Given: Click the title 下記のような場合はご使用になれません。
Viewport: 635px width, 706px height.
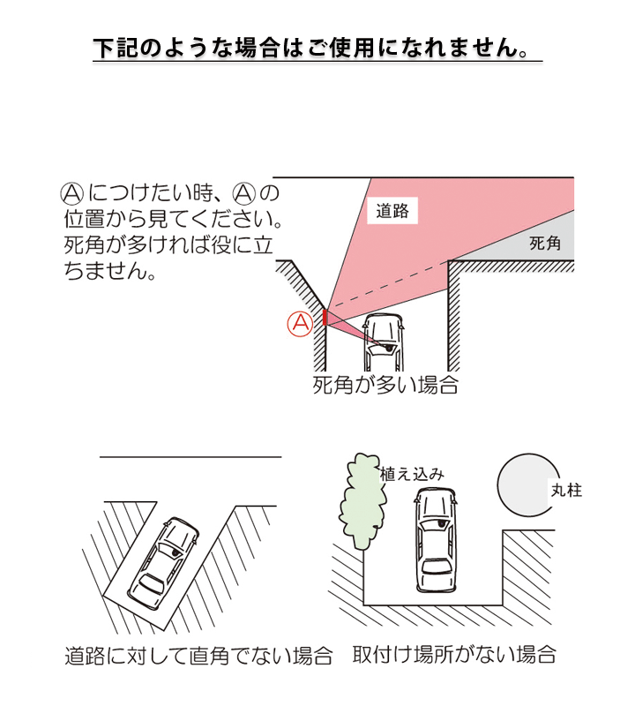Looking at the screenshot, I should pos(317,48).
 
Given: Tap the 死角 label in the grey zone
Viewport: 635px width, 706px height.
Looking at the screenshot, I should pos(545,244).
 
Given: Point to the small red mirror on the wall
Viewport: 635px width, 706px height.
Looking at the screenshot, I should pos(325,317).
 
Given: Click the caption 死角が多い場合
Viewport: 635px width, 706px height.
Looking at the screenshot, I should pos(385,386).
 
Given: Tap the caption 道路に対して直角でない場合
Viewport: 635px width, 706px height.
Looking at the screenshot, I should pos(198,657).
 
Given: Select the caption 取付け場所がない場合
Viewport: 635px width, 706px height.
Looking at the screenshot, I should pos(454,656).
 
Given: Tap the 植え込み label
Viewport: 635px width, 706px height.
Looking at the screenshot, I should pos(412,474).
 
